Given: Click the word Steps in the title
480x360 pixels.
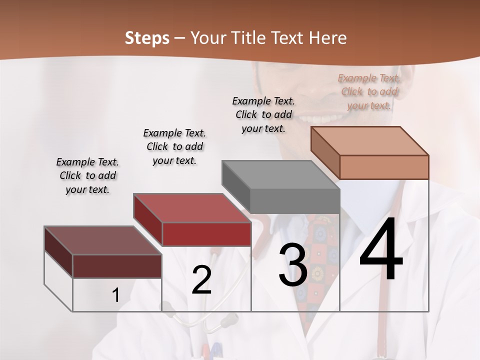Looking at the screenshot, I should point(147,38).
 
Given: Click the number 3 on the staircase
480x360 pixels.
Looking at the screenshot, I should point(292,265).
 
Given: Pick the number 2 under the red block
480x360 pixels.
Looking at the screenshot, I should point(201,280).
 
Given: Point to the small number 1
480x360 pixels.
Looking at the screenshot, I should point(115,295).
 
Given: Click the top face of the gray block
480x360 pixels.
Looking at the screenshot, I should point(280,175).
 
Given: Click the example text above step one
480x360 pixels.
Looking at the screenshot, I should point(87,175).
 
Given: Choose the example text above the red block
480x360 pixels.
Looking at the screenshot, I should point(174,146).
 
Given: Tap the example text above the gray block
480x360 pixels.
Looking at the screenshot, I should point(263,114).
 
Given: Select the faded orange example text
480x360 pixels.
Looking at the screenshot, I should point(369,91).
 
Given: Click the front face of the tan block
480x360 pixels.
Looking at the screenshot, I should point(384,167).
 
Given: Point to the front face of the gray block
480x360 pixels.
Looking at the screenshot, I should point(295,201).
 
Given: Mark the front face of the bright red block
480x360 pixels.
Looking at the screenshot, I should point(206,234).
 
